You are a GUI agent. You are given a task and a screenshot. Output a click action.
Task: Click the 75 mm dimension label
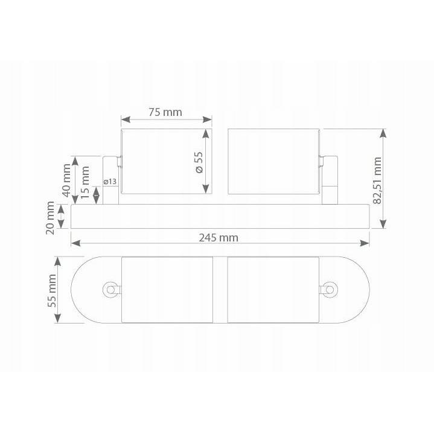click(x=165, y=112)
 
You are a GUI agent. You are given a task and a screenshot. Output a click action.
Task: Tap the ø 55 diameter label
click(x=199, y=162)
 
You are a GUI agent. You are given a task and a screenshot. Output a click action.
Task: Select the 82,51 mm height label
click(x=377, y=180)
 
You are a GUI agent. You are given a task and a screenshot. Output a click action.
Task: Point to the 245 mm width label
click(x=219, y=238)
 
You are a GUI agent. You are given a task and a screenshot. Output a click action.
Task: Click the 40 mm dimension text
click(x=67, y=180)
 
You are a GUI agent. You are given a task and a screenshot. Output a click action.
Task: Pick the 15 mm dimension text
click(x=85, y=182)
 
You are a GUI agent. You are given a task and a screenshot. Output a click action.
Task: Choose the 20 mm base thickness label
click(x=50, y=218)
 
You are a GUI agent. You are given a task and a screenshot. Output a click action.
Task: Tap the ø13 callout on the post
click(x=110, y=182)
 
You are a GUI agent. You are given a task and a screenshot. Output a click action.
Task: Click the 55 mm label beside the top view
click(x=52, y=290)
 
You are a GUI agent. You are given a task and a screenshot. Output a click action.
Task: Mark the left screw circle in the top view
click(x=110, y=290)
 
